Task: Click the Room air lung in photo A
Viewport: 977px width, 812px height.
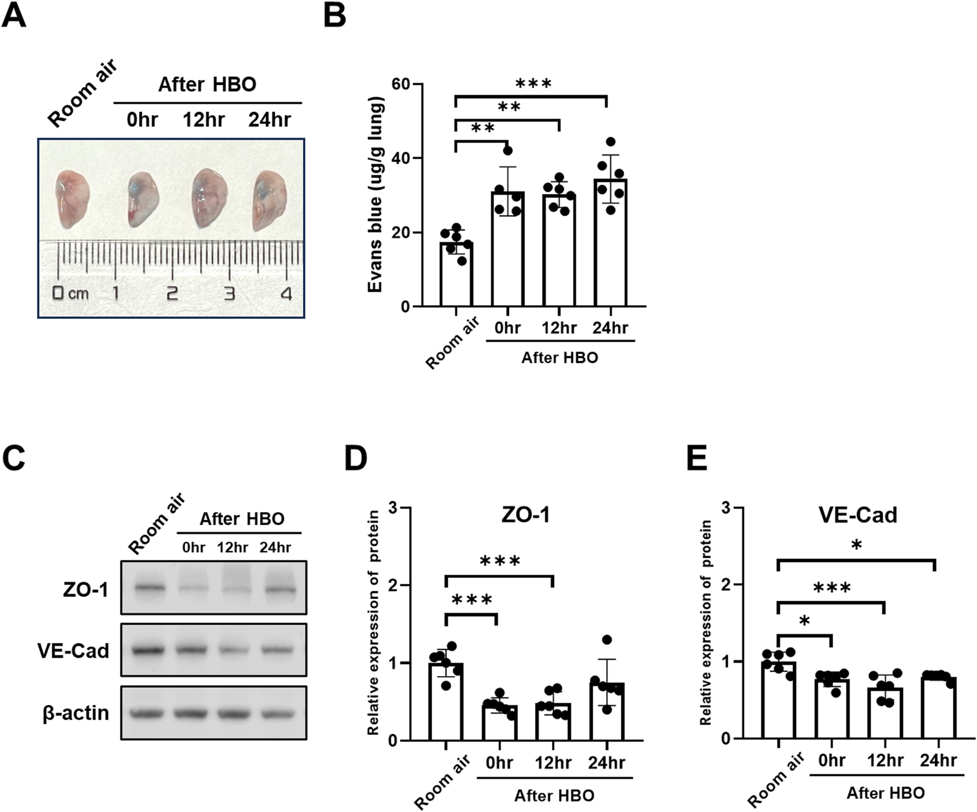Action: (x=72, y=200)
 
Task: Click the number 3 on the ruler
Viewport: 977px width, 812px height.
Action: (x=229, y=293)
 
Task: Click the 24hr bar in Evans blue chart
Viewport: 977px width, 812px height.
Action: (x=610, y=243)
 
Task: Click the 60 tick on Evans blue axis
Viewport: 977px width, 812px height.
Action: (x=401, y=84)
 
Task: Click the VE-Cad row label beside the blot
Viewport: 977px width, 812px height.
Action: (x=73, y=651)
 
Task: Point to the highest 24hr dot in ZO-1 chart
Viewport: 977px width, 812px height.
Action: (x=607, y=640)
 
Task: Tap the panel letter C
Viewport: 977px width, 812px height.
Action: (x=14, y=459)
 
